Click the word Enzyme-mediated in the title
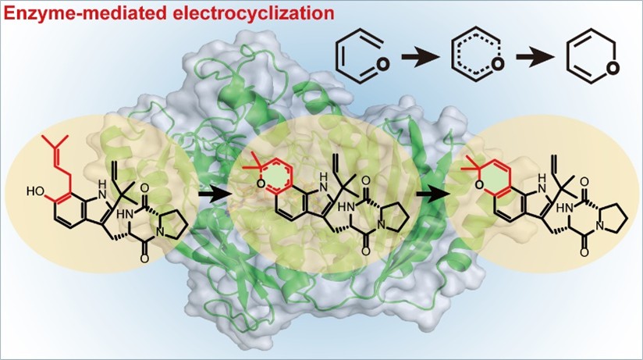point(83,13)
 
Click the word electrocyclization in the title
point(252,13)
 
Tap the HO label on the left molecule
point(36,191)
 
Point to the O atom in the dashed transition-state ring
point(497,64)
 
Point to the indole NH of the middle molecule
point(323,182)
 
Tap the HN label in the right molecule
point(563,209)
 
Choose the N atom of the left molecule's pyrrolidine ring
point(160,233)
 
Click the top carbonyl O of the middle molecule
point(366,180)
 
